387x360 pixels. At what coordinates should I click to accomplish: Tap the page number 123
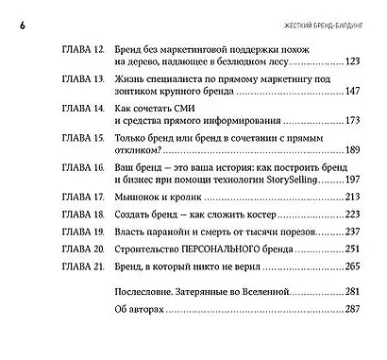pyautogui.click(x=354, y=61)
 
